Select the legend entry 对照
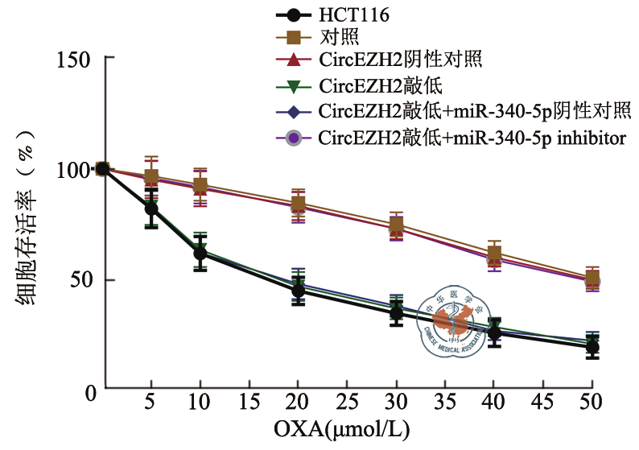click(339, 37)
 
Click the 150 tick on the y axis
click(76, 59)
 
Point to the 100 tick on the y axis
click(76, 170)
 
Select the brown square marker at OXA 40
click(494, 254)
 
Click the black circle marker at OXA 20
click(298, 291)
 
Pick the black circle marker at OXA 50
click(592, 348)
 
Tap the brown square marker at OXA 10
click(200, 186)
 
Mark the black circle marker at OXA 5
click(150, 209)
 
